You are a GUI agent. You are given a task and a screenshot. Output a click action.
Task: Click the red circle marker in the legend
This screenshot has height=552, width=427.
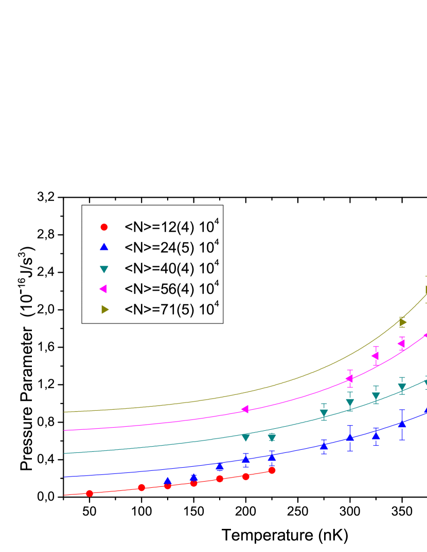coord(104,226)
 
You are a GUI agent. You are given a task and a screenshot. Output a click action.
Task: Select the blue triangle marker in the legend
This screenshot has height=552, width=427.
coord(104,247)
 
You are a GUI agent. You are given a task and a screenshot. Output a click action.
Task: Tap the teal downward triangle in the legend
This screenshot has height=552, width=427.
coord(104,269)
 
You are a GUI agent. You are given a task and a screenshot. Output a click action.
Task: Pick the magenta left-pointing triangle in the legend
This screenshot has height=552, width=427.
coord(103,289)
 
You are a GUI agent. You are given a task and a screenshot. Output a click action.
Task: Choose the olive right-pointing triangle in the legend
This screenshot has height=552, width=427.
coord(104,309)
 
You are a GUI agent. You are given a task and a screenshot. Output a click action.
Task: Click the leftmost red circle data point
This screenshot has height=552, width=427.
coord(90,493)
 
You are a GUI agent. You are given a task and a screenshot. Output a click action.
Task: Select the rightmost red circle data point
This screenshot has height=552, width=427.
coord(272,470)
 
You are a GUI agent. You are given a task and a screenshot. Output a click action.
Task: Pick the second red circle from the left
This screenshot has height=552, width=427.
coord(141,488)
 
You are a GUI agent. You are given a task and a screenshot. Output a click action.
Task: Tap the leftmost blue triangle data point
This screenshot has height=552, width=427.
coord(167,481)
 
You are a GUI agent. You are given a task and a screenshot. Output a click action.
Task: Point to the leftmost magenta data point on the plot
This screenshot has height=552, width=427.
coord(245,409)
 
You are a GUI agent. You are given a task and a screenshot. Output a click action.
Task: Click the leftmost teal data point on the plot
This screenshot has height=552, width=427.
coord(245,437)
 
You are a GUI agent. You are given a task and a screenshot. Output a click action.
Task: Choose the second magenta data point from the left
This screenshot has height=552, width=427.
coord(349,378)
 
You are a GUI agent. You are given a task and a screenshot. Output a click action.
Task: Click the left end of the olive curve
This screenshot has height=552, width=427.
coord(65,412)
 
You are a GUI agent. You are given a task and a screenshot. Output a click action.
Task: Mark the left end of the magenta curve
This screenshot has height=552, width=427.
coord(65,430)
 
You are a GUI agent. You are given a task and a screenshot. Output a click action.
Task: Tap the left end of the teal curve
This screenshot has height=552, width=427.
coord(65,453)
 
